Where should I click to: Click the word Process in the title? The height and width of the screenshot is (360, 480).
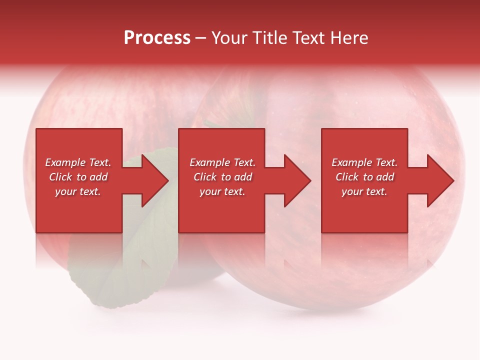click(157, 38)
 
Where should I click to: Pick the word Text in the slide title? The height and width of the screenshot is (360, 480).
click(309, 38)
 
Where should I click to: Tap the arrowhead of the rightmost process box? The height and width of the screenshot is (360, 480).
click(439, 180)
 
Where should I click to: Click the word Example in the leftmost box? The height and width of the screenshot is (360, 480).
click(65, 162)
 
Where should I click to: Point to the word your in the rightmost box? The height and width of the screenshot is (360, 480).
click(352, 191)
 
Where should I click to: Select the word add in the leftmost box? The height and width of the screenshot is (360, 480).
click(99, 177)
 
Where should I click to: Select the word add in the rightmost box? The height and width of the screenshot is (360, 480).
click(385, 177)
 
